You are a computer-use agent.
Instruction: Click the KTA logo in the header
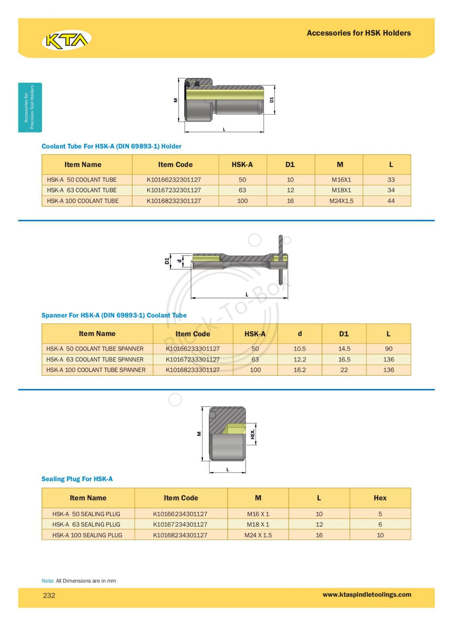(x=66, y=40)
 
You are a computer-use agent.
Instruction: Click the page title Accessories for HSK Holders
(x=359, y=33)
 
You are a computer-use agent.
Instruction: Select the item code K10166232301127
(x=174, y=180)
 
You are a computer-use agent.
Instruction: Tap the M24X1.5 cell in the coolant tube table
(x=341, y=201)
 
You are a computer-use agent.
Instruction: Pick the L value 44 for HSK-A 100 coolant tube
(x=391, y=201)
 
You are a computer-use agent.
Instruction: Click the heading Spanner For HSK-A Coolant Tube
(x=114, y=315)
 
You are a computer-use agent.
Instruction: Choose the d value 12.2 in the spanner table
(x=300, y=359)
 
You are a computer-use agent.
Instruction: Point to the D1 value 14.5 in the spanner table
(x=344, y=349)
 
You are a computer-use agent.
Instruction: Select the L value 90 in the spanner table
(x=389, y=349)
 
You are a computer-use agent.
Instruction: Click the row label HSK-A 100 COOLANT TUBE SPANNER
(x=96, y=370)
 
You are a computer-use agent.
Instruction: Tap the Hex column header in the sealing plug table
(x=380, y=498)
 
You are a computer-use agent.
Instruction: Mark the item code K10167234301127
(x=180, y=524)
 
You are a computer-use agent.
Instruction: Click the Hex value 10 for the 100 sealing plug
(x=380, y=535)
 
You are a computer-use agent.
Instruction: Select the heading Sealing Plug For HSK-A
(x=77, y=479)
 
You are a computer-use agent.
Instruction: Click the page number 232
(x=49, y=595)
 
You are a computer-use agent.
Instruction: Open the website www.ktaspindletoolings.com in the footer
(x=367, y=595)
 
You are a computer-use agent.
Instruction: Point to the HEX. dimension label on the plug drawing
(x=252, y=434)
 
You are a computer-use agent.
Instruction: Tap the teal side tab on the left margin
(x=30, y=107)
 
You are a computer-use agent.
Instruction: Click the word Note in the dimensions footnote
(x=47, y=581)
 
